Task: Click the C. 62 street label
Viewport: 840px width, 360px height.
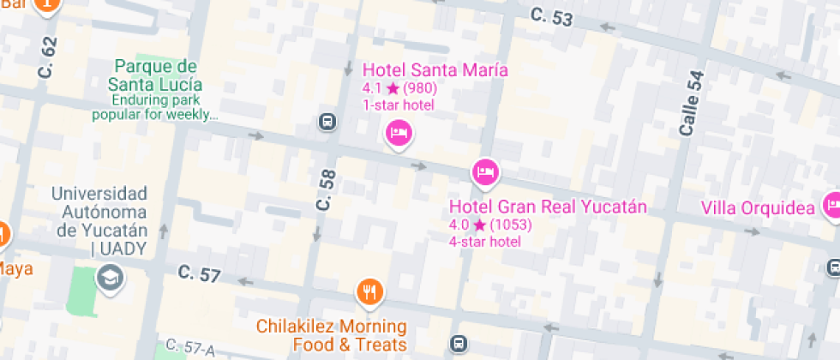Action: (x=47, y=57)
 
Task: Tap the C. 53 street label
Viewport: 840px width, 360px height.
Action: (x=550, y=16)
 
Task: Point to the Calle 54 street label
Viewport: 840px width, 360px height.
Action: (x=690, y=103)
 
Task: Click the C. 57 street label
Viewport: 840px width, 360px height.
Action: (x=199, y=274)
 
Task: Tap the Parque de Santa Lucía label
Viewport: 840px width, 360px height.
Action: (x=155, y=75)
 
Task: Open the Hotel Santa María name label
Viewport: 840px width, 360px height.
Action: (x=435, y=70)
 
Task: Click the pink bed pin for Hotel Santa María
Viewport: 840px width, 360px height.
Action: (x=398, y=133)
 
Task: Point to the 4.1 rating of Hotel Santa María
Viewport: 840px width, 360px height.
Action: (x=371, y=88)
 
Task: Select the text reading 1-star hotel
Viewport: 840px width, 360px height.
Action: (x=399, y=105)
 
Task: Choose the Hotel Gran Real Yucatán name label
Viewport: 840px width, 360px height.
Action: (x=548, y=207)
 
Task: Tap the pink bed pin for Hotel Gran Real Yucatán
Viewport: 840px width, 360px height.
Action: (x=484, y=171)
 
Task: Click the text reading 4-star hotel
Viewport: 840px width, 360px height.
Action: (x=485, y=242)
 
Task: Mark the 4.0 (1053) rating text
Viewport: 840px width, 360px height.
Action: (x=490, y=225)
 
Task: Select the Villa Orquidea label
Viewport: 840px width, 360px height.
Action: (x=757, y=208)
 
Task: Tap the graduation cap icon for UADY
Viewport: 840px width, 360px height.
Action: (x=110, y=277)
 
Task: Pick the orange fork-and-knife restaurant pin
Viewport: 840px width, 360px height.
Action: (x=369, y=292)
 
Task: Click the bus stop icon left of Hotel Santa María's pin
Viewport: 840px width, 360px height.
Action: (x=327, y=121)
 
